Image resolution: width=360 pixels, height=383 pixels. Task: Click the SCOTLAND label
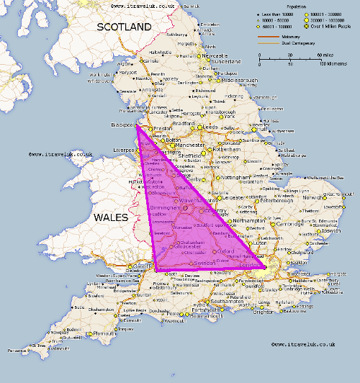point(124,27)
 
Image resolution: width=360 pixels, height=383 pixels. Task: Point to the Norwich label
point(314,197)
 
